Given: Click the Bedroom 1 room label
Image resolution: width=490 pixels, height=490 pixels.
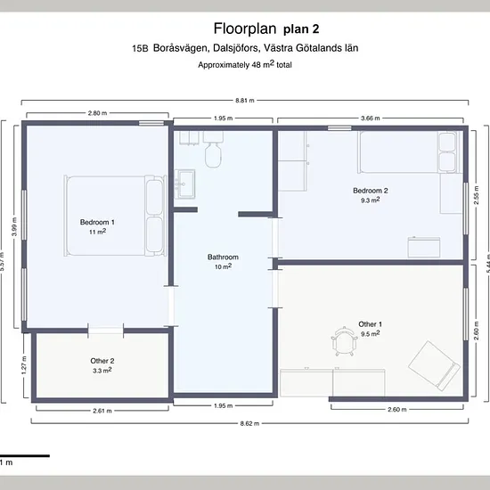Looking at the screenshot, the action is click(x=97, y=222).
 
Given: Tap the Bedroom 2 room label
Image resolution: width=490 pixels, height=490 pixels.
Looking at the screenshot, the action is click(x=371, y=191).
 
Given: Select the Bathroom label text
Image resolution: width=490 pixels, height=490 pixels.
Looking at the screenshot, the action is click(x=223, y=257).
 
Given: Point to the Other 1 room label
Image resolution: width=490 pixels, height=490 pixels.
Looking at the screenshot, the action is click(x=371, y=324).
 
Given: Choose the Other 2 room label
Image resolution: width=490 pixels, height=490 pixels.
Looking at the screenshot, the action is click(x=102, y=361).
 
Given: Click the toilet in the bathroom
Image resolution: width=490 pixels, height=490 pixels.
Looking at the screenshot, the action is click(x=213, y=150).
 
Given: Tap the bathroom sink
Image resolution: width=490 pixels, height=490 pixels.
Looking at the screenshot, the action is click(x=184, y=184).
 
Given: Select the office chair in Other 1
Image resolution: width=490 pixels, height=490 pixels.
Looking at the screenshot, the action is click(x=344, y=341).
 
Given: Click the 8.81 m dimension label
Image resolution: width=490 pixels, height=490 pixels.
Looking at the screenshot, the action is click(x=245, y=101).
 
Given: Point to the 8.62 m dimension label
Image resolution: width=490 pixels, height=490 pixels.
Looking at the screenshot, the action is click(x=249, y=423).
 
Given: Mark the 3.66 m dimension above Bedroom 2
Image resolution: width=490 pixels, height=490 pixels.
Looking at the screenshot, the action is click(x=370, y=118).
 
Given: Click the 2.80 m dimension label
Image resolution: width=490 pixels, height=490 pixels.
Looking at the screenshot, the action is click(x=97, y=113).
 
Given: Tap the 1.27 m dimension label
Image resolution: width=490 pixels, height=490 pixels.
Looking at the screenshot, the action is click(x=24, y=365).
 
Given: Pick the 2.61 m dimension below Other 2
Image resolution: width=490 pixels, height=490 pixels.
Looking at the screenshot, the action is click(x=102, y=411).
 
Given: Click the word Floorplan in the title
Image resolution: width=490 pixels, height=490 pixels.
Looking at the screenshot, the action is click(x=245, y=29).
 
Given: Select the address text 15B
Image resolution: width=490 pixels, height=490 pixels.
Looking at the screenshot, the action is click(x=140, y=48).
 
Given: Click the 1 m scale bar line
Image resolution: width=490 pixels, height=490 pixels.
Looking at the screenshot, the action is click(x=25, y=456).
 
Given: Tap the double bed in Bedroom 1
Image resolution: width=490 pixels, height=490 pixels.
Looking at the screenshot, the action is click(x=115, y=216).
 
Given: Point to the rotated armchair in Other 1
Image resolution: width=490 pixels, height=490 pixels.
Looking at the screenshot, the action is click(x=434, y=365).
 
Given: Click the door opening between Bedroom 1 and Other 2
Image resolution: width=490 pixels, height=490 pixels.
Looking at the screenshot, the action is click(x=106, y=331).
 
